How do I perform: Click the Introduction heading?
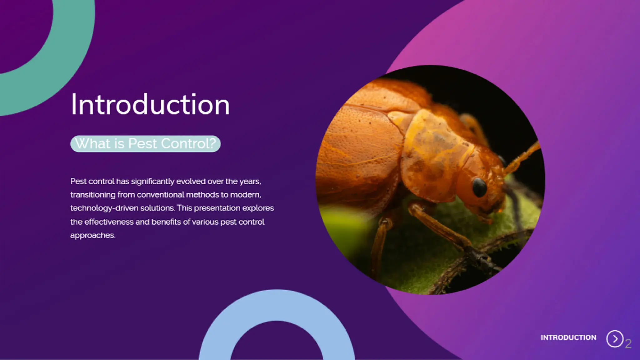(150, 104)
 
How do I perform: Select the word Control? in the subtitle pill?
(188, 144)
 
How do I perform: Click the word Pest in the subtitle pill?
(142, 144)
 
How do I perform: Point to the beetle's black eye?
(479, 187)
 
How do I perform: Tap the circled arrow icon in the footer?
(615, 339)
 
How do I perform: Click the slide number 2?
(628, 344)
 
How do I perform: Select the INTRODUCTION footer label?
(568, 338)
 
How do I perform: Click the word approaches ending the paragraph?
(92, 235)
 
